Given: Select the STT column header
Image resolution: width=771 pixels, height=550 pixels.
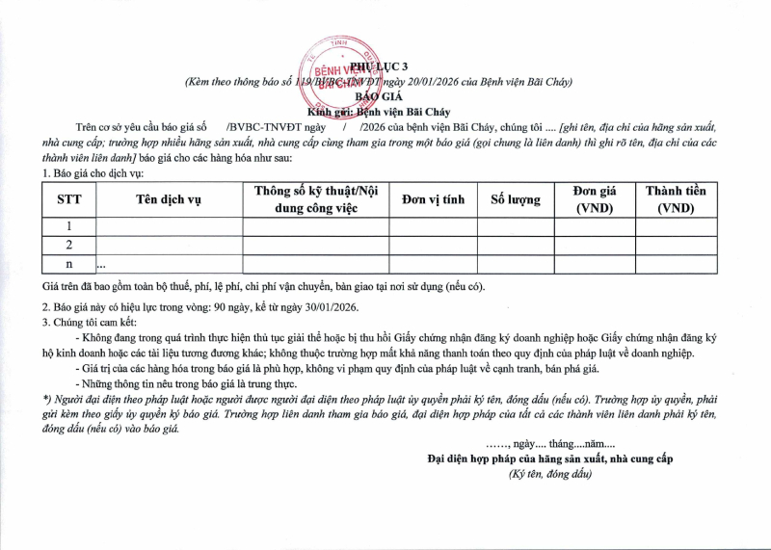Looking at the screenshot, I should (x=68, y=199).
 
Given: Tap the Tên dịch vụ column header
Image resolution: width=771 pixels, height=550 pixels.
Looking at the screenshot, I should (x=169, y=199).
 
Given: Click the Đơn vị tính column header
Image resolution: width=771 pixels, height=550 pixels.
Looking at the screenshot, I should (x=433, y=199).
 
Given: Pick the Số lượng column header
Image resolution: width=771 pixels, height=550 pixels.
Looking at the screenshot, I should (x=516, y=199).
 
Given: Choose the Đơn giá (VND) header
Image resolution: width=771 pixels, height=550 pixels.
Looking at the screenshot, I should (x=595, y=199).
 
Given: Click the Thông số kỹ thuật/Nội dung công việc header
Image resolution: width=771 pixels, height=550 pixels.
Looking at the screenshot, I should (x=316, y=199).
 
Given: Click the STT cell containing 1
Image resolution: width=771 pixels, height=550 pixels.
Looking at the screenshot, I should (x=68, y=227).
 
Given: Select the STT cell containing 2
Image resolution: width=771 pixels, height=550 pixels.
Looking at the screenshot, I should (x=68, y=246).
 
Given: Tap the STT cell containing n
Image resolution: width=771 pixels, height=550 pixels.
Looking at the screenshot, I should (x=68, y=264).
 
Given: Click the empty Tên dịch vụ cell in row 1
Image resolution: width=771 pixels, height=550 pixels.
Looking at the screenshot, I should (x=169, y=227).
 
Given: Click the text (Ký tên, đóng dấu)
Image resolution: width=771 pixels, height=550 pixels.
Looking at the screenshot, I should (x=550, y=473).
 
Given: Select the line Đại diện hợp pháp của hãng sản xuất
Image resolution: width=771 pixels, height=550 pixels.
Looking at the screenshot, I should (x=550, y=458).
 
